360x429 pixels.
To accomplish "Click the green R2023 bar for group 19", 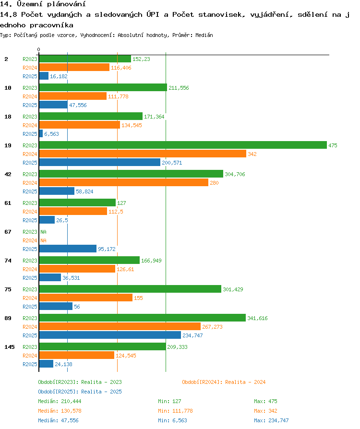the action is [x=183, y=145].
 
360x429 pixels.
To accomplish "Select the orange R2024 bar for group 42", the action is [x=124, y=182].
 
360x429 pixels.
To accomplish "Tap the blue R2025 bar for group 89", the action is [x=110, y=335].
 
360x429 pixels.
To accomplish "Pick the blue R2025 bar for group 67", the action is [x=68, y=249].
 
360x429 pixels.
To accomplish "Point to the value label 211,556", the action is [x=179, y=88].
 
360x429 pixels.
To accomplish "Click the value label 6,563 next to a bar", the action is [x=51, y=134].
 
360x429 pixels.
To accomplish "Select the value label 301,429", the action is [x=233, y=289].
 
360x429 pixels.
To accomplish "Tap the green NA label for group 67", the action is [x=44, y=232].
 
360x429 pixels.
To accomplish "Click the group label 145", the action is [x=10, y=347].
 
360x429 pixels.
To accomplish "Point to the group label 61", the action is [x=8, y=203].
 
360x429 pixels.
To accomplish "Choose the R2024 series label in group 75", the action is [x=30, y=298].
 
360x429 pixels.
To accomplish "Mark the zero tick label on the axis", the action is [x=38, y=49].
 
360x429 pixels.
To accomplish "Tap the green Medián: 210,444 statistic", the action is [x=60, y=401].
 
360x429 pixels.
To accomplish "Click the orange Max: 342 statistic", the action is [x=265, y=411].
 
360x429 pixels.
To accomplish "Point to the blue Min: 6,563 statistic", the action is [x=172, y=420].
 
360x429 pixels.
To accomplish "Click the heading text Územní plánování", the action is [x=51, y=4].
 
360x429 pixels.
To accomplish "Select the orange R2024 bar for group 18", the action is [x=80, y=125].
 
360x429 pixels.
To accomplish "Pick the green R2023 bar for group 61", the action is [x=77, y=203].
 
